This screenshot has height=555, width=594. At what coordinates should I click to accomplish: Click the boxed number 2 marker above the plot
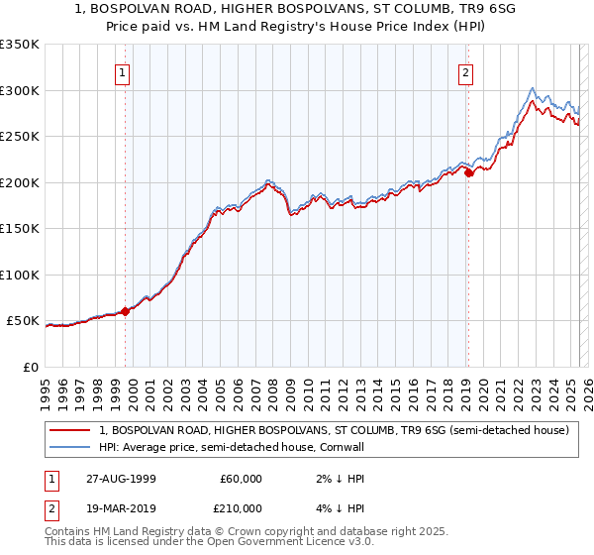pos(465,71)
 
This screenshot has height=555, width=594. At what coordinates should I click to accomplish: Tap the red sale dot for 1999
pos(126,311)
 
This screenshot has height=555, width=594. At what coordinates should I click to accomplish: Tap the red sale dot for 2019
pos(469,173)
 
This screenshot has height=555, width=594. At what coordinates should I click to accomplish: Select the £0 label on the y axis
pos(31,367)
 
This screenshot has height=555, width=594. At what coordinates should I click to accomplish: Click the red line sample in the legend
pos(70,431)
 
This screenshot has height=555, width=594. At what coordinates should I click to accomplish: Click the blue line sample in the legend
pos(70,447)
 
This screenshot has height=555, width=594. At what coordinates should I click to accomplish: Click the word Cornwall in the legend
pos(342,447)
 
